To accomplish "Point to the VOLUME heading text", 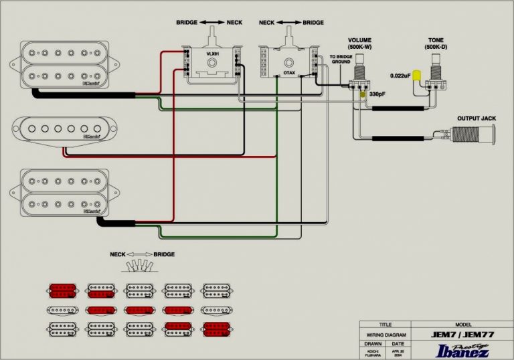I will [361, 40].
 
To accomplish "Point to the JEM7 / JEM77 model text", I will [466, 333].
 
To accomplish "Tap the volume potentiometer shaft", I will [361, 59].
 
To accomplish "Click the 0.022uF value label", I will [400, 76].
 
